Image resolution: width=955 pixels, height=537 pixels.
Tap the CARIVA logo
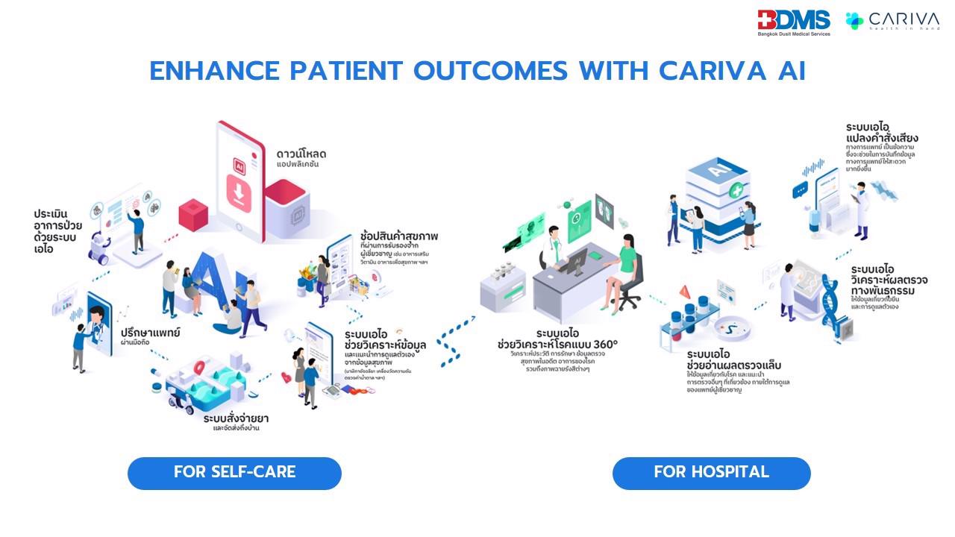coord(892,20)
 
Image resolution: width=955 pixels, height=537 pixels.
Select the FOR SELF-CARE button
coord(234,473)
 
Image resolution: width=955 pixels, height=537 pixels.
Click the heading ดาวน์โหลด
coord(301,154)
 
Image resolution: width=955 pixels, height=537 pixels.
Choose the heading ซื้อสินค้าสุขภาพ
coord(399,236)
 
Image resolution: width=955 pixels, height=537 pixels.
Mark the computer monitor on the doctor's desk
coord(576,263)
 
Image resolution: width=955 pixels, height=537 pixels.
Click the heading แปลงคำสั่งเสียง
coord(882,138)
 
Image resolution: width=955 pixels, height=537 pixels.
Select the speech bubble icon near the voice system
coord(801,190)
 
